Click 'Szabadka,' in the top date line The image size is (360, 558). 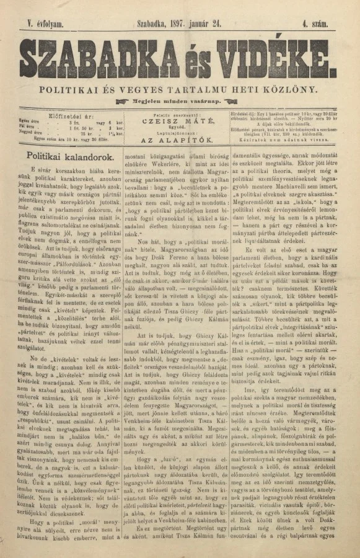pos(151,23)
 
